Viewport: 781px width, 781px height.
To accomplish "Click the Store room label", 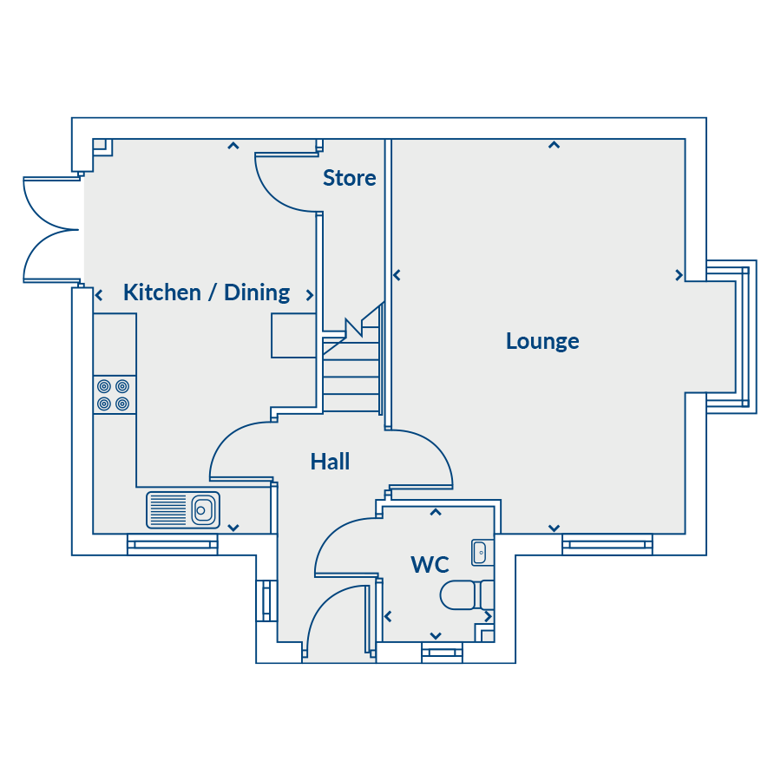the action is [349, 178].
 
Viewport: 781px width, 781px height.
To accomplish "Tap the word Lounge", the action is [542, 341].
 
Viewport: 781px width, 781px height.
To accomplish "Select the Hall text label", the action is [330, 462].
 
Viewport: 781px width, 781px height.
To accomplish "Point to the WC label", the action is [430, 564].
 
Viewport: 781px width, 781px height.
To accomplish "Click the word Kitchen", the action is [162, 292].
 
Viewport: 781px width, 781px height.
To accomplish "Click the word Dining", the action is [257, 293].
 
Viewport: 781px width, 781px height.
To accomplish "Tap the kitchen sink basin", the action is [204, 509].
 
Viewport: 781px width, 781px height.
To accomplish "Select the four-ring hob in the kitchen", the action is [114, 395].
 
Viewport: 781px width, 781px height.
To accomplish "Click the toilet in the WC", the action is [466, 594].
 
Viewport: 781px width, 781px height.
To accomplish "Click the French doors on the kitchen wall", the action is [51, 230].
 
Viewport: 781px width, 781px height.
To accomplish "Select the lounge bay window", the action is [732, 337].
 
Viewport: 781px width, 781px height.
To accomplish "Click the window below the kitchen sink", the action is [173, 544].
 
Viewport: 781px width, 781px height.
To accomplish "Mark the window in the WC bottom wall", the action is [442, 653].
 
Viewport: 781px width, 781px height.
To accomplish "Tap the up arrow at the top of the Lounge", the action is [554, 145].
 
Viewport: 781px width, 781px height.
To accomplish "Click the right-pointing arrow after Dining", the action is [310, 295].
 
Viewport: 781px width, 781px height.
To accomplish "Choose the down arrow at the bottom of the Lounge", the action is [554, 528].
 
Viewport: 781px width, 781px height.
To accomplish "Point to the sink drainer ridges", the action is [167, 509].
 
